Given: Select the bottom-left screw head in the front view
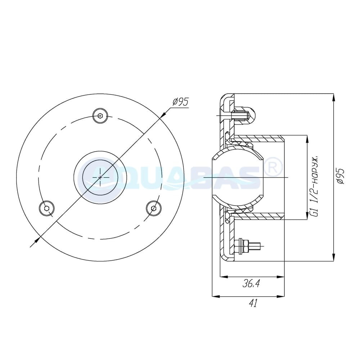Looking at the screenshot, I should (46, 208).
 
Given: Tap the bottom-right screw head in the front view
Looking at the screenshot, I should (154, 208).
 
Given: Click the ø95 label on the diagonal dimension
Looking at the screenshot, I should (181, 102).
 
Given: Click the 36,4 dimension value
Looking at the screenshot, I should (251, 284).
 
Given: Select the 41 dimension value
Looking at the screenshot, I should (253, 304).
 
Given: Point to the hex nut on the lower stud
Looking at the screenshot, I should (242, 247).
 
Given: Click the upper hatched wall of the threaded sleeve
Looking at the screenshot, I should (259, 138).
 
